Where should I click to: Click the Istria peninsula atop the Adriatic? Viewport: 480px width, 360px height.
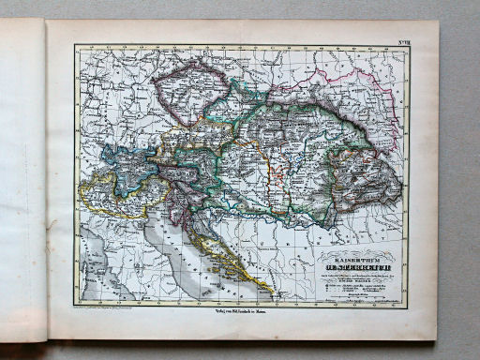tap(178, 208)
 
